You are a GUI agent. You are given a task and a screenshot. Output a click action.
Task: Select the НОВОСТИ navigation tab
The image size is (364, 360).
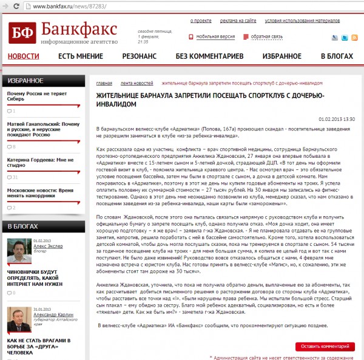coord(23,56)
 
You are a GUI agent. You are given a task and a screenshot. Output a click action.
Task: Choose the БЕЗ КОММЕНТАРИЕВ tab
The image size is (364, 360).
coord(209,56)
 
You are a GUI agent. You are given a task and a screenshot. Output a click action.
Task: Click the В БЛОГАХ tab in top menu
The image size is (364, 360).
coord(336,56)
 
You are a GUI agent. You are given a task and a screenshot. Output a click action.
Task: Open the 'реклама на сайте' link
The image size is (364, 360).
coord(238,21)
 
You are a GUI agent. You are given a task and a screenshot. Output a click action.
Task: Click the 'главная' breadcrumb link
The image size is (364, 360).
coord(104,83)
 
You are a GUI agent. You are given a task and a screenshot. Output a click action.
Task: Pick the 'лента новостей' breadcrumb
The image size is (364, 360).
coord(136,83)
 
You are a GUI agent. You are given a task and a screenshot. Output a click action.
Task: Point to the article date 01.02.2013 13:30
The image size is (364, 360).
coord(340,119)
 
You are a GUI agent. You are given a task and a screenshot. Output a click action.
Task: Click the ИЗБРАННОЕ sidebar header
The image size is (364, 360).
coord(25,80)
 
